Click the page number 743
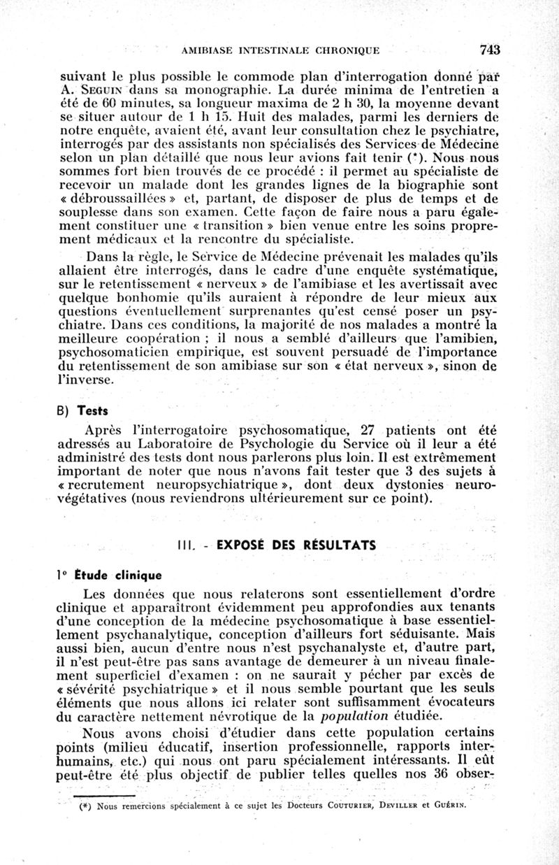pyautogui.click(x=491, y=50)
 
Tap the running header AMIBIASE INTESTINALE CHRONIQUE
pyautogui.click(x=280, y=50)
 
